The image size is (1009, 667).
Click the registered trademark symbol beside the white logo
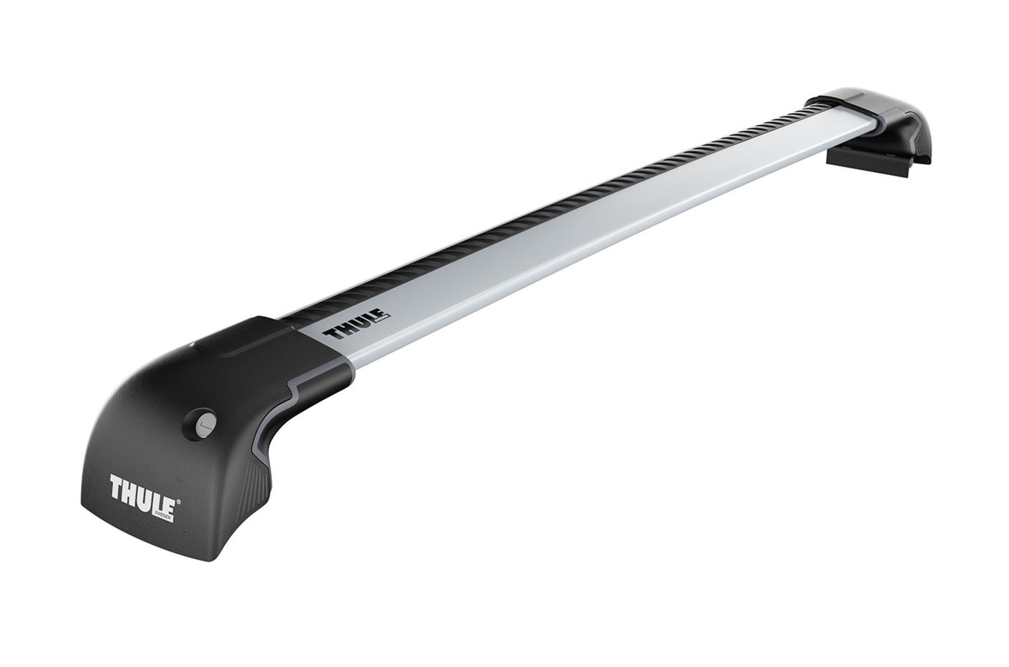178,489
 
